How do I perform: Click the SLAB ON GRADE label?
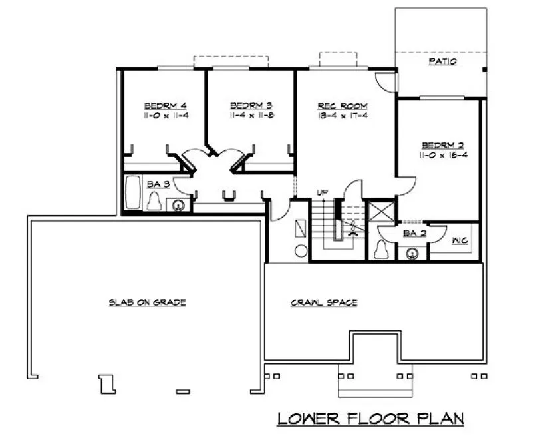click(147, 302)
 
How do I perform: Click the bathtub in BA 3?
click(133, 192)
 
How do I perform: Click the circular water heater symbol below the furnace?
click(300, 250)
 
